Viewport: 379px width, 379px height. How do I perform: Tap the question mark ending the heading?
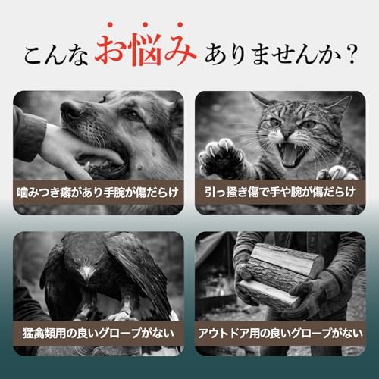350,55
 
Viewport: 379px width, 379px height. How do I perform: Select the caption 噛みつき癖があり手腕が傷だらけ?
98,191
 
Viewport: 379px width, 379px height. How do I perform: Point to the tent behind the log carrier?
216,254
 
